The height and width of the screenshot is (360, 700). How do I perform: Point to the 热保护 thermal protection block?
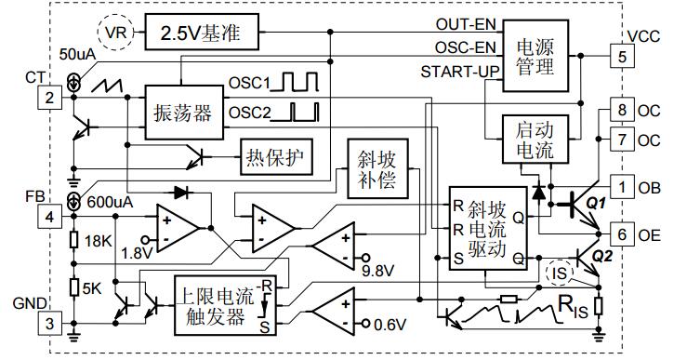pos(275,154)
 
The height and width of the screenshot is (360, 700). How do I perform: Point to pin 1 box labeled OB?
pos(618,186)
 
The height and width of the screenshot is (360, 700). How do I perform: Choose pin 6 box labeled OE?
pos(618,233)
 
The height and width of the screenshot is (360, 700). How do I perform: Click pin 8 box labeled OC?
pos(618,111)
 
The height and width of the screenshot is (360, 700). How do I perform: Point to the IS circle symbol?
pos(561,272)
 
